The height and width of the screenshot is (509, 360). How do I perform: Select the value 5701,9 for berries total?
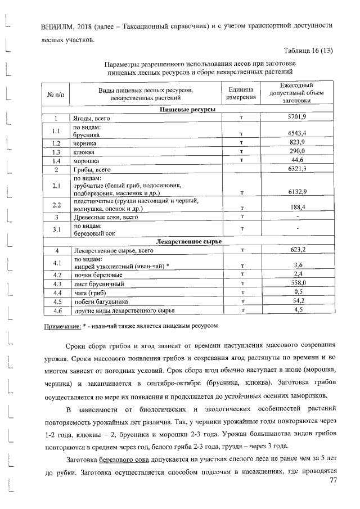tap(296, 118)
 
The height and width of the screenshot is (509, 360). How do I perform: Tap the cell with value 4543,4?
tap(296, 134)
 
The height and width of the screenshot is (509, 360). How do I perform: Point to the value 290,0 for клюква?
tap(296, 152)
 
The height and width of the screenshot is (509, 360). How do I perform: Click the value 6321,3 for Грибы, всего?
tap(296, 169)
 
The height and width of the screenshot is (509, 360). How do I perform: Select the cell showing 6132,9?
tap(296, 192)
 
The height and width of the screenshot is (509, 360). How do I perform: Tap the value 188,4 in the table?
tap(296, 208)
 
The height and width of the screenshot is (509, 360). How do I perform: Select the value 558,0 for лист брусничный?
tap(296, 283)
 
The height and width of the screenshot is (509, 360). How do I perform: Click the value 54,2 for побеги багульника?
tap(296, 301)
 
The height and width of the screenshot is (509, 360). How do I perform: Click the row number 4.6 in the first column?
tap(56, 310)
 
